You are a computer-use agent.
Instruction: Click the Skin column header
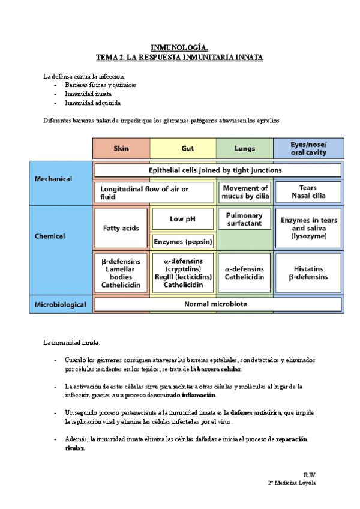click(121, 148)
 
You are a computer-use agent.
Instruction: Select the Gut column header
click(183, 148)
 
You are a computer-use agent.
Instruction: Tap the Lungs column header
click(245, 148)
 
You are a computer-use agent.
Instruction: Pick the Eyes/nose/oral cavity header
click(308, 148)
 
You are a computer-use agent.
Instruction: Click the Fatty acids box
click(121, 228)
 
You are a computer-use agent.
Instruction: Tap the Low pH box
click(183, 219)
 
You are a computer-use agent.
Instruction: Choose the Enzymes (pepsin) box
click(183, 242)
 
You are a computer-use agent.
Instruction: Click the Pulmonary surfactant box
click(245, 220)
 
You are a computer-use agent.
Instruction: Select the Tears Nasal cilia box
click(308, 192)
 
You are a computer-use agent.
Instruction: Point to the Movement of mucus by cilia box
click(245, 192)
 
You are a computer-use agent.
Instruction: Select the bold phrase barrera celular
click(219, 369)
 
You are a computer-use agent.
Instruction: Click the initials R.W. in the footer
click(310, 474)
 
